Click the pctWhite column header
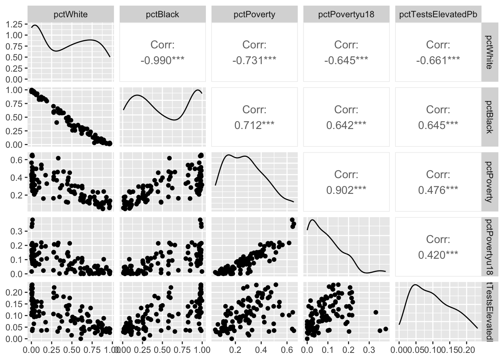tap(70, 15)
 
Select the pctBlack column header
tap(162, 15)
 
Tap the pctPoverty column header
tap(254, 15)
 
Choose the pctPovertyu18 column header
tap(346, 15)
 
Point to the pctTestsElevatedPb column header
tap(438, 15)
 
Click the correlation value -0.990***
tap(162, 60)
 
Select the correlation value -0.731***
tap(254, 60)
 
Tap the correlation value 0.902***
tap(346, 190)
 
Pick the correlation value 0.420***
tap(438, 255)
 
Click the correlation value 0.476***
tap(438, 190)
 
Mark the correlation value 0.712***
tap(254, 125)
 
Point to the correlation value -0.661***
tap(438, 60)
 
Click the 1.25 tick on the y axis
tap(15, 25)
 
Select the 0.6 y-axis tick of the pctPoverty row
tap(19, 160)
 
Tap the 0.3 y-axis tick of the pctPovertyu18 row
tap(19, 231)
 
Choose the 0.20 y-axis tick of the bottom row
tap(16, 292)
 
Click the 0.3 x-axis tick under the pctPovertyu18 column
tap(369, 350)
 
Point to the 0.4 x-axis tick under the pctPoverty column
tap(261, 350)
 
